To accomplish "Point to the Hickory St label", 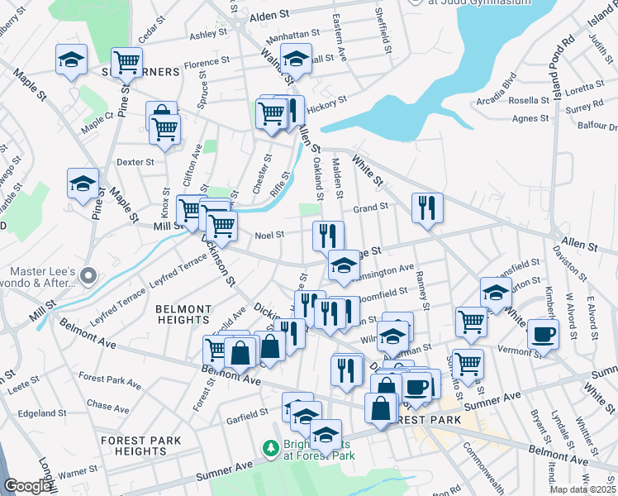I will [x=326, y=107].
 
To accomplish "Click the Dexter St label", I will [x=136, y=162].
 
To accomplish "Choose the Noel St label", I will [x=269, y=234].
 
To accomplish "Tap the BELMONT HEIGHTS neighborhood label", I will [x=182, y=313].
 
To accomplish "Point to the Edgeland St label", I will [x=41, y=413].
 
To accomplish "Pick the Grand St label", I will [x=371, y=207].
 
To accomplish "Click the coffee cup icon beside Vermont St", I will [x=543, y=333].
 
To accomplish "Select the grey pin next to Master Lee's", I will [x=90, y=276].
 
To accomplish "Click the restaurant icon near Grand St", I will [x=426, y=207].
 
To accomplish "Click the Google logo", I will [x=29, y=486].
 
